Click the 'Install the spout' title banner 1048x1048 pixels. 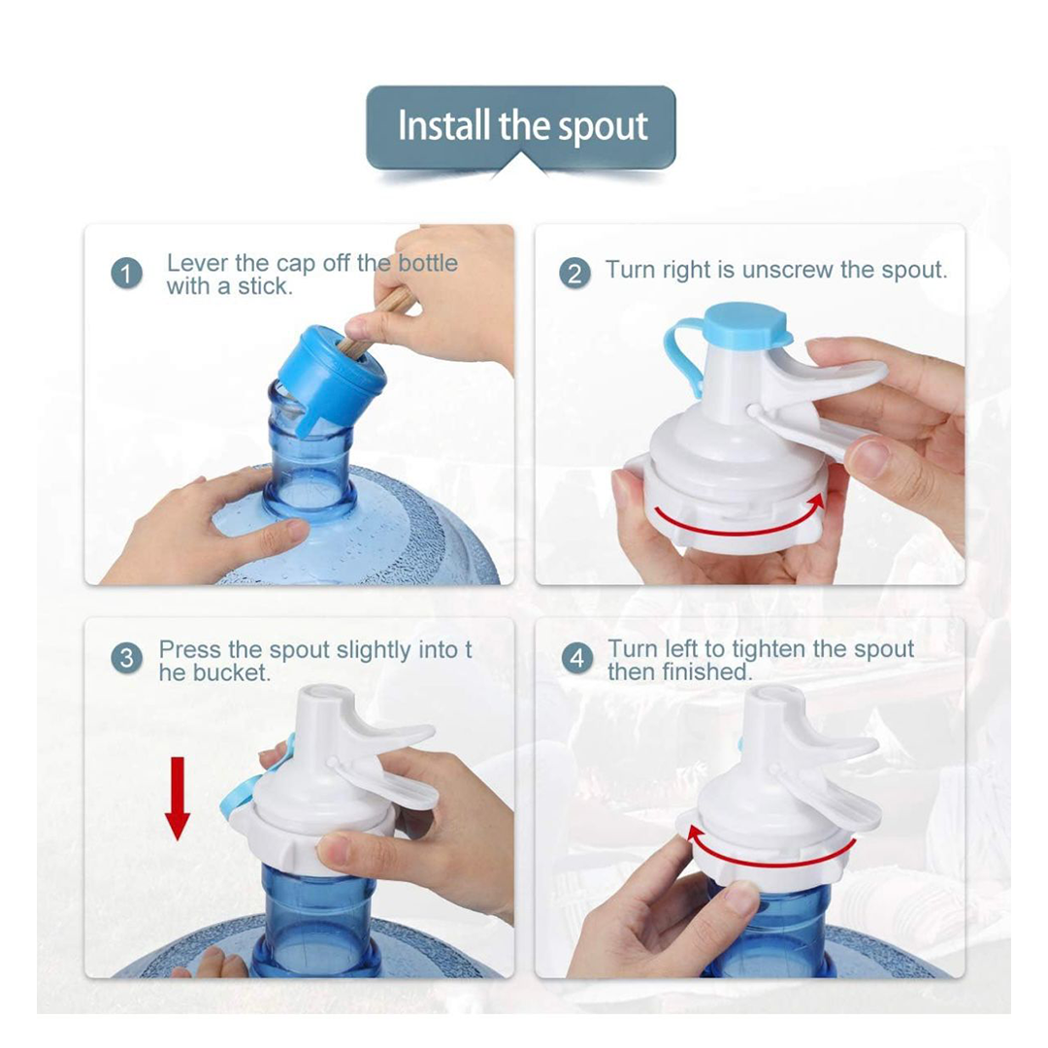point(521,127)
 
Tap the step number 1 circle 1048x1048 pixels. point(127,274)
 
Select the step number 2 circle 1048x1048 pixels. point(574,274)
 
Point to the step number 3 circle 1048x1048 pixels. point(127,658)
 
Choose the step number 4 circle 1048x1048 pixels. point(577,658)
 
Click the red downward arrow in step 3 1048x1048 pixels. point(178,798)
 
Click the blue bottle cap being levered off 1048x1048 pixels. point(330,377)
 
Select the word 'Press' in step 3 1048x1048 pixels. point(189,649)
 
